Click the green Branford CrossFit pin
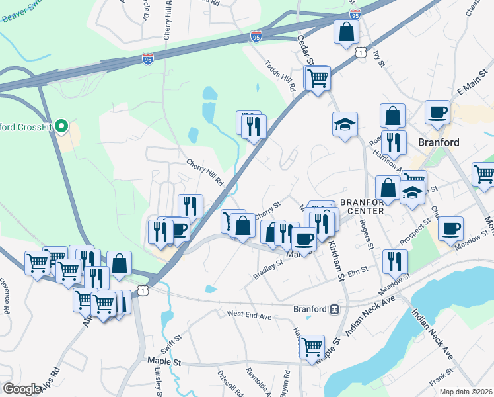tap(61, 125)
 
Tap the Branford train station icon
tap(335, 309)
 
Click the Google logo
tap(21, 389)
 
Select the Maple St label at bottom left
tap(166, 363)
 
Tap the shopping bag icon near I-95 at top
tap(345, 31)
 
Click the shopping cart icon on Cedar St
tap(318, 78)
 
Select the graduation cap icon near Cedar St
tap(344, 124)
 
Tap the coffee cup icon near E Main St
tap(437, 112)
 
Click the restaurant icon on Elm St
tap(394, 261)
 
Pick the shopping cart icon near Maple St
tap(312, 346)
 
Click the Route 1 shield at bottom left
tap(143, 290)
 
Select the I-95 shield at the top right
tap(355, 14)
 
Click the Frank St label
tap(438, 382)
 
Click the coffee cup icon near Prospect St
tap(450, 228)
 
